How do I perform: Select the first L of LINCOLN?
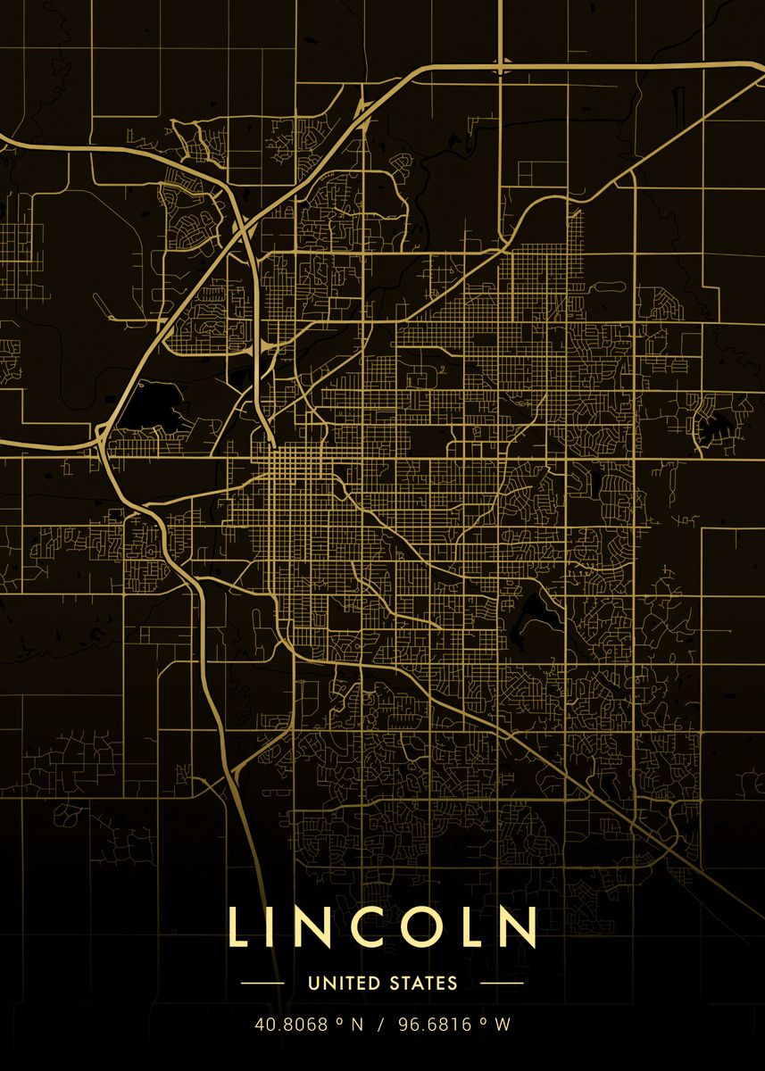[237, 927]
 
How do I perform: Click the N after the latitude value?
[357, 1025]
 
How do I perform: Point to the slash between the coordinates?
[379, 1025]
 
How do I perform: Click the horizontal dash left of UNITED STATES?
[263, 984]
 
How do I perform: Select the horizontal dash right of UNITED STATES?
[501, 984]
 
